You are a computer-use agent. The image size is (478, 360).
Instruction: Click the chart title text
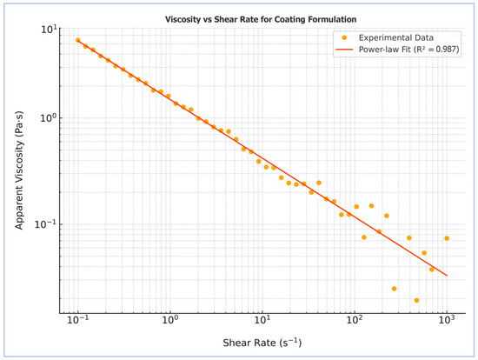tap(261, 19)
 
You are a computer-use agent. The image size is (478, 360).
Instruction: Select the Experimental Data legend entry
tap(388, 38)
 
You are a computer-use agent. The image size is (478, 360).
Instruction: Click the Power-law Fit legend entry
tap(397, 50)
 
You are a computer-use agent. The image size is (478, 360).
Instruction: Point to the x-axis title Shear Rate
tap(262, 343)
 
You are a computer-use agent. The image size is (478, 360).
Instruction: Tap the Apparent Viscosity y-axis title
tap(19, 170)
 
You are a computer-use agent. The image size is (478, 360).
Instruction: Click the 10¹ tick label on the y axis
tap(49, 30)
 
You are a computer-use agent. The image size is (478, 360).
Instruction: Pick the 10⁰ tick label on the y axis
tap(49, 117)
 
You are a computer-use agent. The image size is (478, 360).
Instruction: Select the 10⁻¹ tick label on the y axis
tap(46, 224)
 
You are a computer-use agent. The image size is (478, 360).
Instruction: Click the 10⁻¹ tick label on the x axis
tap(78, 319)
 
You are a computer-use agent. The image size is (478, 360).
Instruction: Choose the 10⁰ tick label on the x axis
tap(170, 319)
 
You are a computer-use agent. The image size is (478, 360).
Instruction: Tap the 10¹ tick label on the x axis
tap(262, 319)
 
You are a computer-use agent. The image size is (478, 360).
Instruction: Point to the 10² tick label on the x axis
tap(355, 319)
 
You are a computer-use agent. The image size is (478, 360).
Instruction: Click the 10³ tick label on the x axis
tap(447, 319)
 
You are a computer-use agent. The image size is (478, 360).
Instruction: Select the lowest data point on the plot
tap(416, 300)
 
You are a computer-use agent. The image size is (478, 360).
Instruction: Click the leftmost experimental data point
tap(78, 40)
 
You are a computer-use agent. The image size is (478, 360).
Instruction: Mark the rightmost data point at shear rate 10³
tap(447, 238)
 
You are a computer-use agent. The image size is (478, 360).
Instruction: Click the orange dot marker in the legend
tap(344, 38)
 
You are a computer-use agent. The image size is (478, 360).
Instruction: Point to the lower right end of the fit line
tap(447, 276)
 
